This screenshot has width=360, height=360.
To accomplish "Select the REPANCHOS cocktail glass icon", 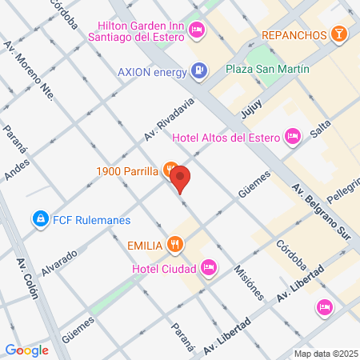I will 339,34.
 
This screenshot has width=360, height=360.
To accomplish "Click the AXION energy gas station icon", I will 198,70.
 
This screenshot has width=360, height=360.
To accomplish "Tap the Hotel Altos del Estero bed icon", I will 293,137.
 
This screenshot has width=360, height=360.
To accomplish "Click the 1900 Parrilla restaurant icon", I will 170,170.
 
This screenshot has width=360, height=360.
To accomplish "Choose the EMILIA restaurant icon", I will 176,245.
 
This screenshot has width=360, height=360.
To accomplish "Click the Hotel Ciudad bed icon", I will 208,266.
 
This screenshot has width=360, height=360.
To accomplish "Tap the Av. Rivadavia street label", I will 170,122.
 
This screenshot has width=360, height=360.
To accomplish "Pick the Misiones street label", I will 249,281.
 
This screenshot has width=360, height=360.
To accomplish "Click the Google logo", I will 26,350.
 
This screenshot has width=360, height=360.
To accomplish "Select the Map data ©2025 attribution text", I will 324,354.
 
